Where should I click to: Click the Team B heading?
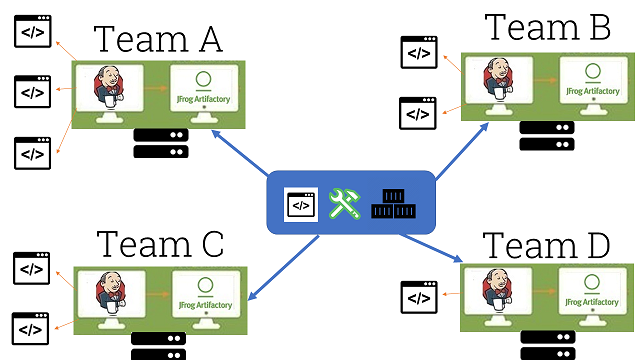[x=547, y=27]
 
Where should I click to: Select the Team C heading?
[x=160, y=244]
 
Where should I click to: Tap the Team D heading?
[x=545, y=245]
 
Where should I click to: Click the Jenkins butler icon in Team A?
[x=107, y=90]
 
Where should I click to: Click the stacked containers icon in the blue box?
[x=393, y=204]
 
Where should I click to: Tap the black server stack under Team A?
[x=160, y=144]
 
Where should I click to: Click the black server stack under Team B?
[x=547, y=136]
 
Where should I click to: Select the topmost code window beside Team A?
[x=32, y=34]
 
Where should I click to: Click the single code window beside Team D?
[x=418, y=295]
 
